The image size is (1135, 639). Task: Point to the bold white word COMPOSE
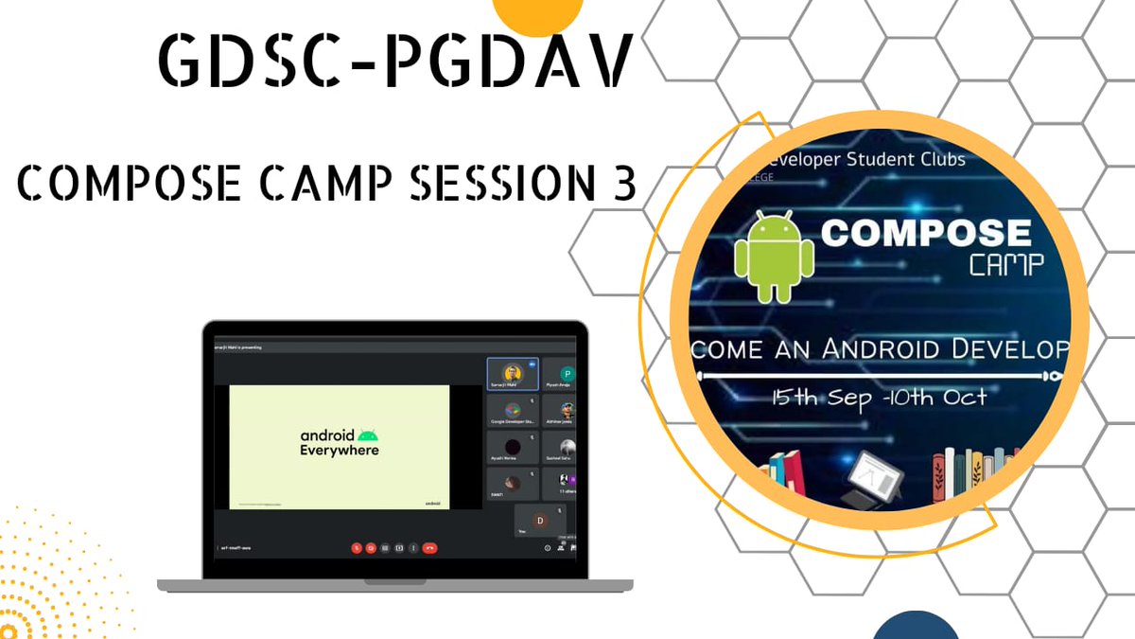coord(925,232)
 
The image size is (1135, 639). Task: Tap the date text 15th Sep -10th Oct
coord(879,397)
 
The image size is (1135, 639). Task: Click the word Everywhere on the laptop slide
coord(340,450)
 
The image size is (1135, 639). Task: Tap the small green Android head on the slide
coord(368,435)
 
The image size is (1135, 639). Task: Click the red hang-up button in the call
coord(429,547)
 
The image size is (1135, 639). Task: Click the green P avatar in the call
coord(567,374)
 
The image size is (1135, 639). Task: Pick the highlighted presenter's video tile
coord(512,374)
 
